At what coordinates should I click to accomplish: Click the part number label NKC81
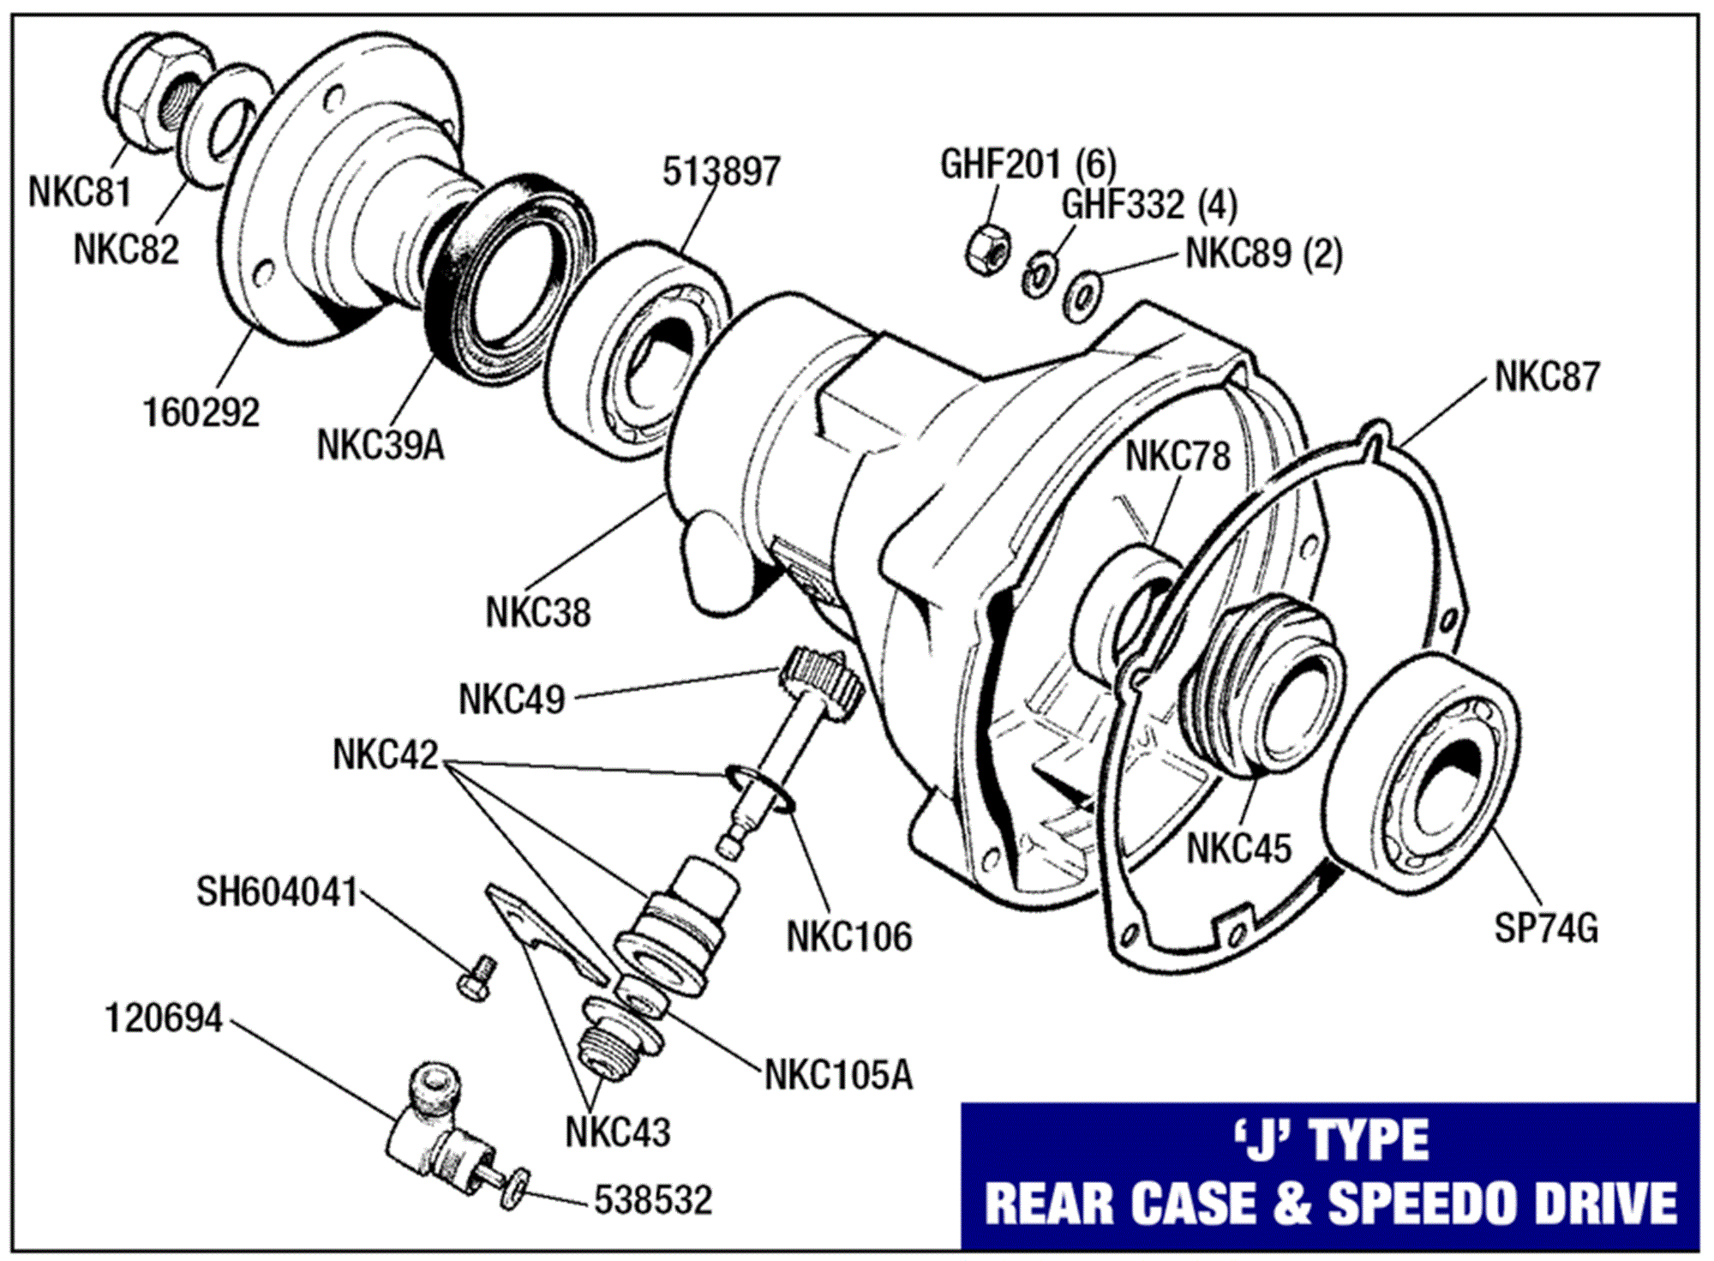point(80,192)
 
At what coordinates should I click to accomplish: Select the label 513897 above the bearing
point(721,171)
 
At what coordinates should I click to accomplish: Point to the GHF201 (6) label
point(1028,164)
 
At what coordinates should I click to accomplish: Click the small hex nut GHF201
point(986,249)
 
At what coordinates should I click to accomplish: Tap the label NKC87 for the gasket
point(1547,377)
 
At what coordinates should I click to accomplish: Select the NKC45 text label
point(1238,849)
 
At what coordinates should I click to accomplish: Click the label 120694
point(164,1019)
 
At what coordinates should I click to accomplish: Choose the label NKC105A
point(838,1075)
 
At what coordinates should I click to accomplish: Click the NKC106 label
point(848,936)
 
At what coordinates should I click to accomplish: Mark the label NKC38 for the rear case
point(537,612)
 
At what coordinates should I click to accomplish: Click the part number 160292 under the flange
point(201,412)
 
